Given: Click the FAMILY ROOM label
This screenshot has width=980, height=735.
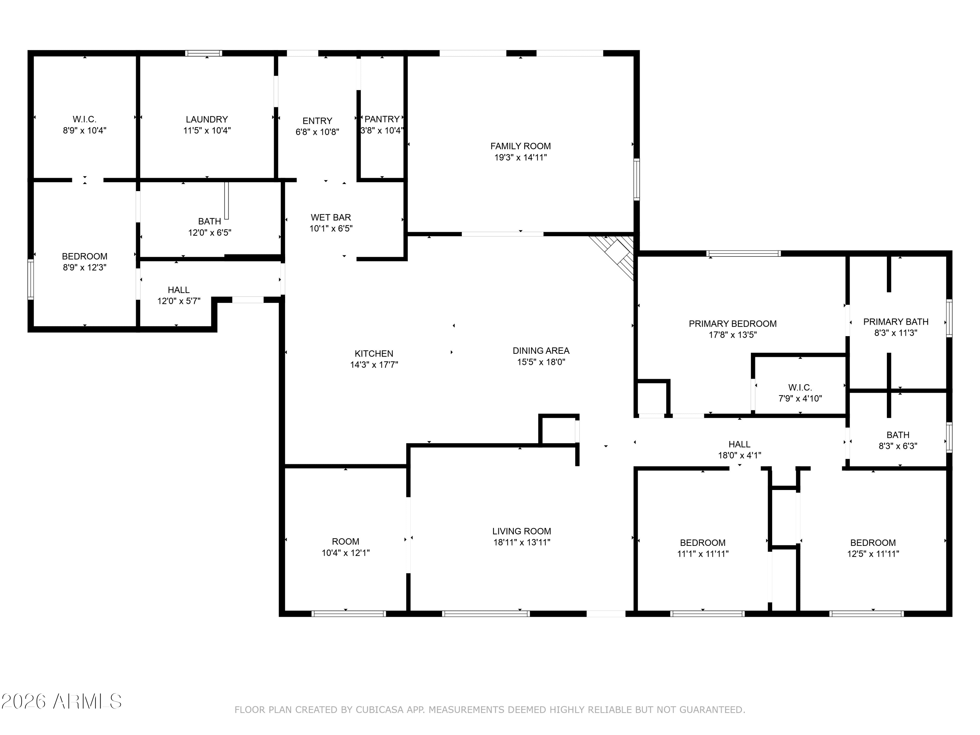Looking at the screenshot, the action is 521,146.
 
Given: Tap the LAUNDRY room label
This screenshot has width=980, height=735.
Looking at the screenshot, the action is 207,120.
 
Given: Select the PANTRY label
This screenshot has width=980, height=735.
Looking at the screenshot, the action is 382,119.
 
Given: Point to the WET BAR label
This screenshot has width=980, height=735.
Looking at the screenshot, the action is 331,218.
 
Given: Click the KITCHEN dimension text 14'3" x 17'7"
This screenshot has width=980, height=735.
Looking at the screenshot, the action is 374,365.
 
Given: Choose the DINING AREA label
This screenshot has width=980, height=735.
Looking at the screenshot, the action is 541,351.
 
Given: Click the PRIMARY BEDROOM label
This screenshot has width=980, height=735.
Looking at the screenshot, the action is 733,324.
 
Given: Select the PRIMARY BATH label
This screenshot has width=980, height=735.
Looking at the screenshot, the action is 896,322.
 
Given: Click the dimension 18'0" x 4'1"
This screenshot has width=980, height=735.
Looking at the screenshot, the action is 740,455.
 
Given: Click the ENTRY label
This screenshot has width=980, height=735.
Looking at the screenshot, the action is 317,121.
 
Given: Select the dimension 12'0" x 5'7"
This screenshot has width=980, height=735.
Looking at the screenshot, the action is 179,301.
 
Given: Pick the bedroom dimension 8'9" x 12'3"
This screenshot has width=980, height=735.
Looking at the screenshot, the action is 85,268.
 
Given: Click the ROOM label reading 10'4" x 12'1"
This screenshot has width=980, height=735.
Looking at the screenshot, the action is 346,542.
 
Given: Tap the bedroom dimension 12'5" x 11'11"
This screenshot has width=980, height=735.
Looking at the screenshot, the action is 873,554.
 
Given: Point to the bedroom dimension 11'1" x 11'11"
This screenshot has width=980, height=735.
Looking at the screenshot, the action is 703,554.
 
